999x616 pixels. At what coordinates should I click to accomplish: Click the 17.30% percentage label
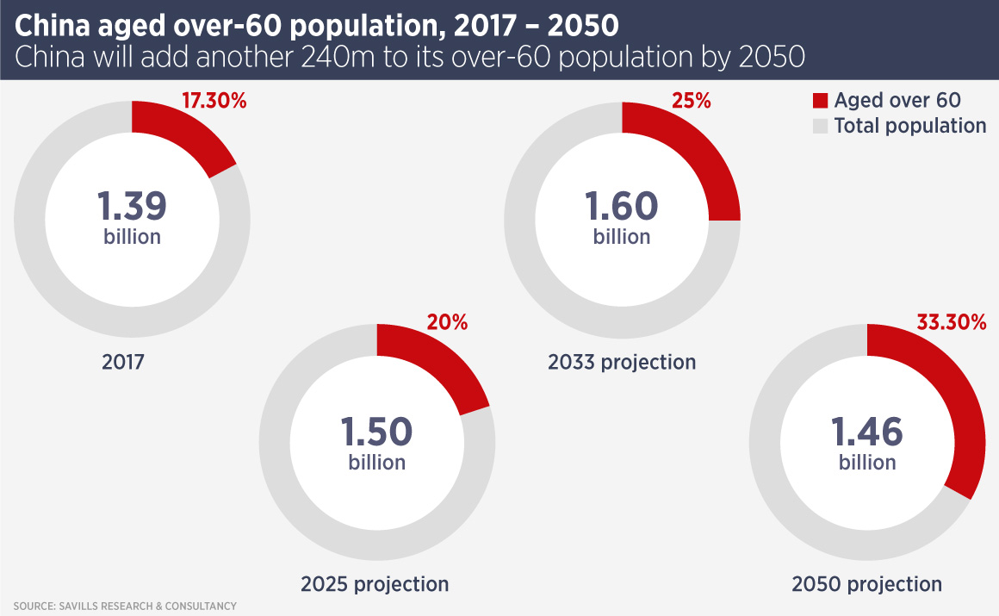tap(214, 101)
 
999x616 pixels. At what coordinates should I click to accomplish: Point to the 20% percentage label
tap(448, 322)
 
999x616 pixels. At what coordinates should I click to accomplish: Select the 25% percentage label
tap(692, 101)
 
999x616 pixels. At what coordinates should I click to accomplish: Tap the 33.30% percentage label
tap(951, 322)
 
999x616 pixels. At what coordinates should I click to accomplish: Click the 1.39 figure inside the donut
tap(132, 207)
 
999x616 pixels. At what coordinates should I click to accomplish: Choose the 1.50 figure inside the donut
tap(376, 432)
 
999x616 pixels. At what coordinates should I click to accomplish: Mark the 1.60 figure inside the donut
tap(622, 207)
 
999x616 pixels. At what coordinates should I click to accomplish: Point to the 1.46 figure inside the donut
tap(867, 432)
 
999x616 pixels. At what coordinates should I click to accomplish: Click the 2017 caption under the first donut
tap(123, 362)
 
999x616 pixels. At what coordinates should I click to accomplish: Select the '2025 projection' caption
tap(375, 584)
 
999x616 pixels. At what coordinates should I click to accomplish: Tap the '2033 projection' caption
tap(622, 362)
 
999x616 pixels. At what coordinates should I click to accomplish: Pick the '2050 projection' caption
tap(867, 584)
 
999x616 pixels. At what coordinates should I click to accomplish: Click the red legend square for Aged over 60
tap(819, 101)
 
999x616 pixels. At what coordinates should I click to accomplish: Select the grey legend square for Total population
tap(819, 126)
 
